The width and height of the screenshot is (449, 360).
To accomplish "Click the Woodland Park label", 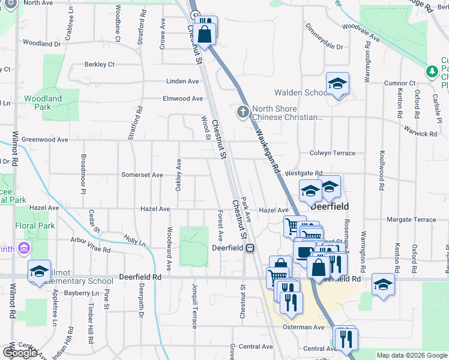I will coord(43,103).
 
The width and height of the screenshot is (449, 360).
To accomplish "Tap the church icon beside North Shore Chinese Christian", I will coord(243,111).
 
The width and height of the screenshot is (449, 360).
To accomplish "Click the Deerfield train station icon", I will coord(249,248).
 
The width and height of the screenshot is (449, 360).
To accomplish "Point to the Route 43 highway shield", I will coord(194,14).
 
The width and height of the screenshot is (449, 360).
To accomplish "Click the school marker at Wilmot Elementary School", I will coord(39,271).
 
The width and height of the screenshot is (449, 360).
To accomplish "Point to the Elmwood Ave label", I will coord(182,98).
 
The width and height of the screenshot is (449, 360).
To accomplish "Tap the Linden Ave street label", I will coord(182,82).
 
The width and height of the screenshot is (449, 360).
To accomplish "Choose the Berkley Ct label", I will coord(99,64).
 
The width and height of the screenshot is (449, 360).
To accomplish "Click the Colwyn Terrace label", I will coord(332,154).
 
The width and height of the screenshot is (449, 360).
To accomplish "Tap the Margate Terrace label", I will coord(411,220).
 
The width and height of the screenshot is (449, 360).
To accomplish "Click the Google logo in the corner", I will coord(20,353).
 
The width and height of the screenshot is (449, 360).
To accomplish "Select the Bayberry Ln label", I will coord(71,293).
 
